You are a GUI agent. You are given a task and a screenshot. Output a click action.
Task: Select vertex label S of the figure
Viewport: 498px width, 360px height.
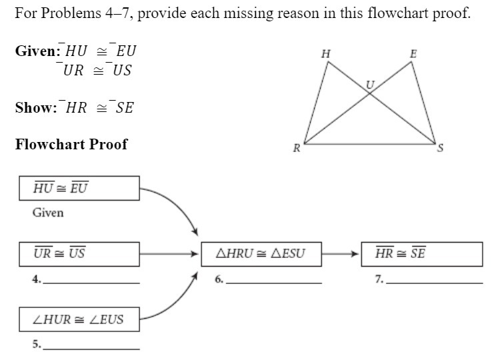pyautogui.click(x=439, y=149)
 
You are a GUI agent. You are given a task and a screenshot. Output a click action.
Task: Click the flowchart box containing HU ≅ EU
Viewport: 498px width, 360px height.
pyautogui.click(x=80, y=189)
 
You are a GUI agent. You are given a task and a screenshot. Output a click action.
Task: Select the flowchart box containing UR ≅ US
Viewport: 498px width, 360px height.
pyautogui.click(x=80, y=254)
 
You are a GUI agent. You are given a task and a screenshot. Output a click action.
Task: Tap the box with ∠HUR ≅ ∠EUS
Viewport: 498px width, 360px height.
pyautogui.click(x=80, y=319)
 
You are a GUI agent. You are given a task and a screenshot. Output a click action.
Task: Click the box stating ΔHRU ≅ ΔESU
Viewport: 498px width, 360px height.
pyautogui.click(x=261, y=254)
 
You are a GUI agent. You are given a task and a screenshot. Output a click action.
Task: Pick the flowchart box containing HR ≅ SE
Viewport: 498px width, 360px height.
pyautogui.click(x=421, y=254)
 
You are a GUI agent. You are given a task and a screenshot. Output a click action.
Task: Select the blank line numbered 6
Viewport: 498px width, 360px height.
pyautogui.click(x=274, y=283)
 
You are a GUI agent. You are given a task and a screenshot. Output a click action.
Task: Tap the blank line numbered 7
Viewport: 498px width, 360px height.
pyautogui.click(x=434, y=283)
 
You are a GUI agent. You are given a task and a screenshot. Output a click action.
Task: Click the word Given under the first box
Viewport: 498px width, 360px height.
pyautogui.click(x=48, y=213)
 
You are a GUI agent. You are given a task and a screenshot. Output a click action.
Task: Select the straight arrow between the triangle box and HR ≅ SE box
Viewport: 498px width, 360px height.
pyautogui.click(x=341, y=254)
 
